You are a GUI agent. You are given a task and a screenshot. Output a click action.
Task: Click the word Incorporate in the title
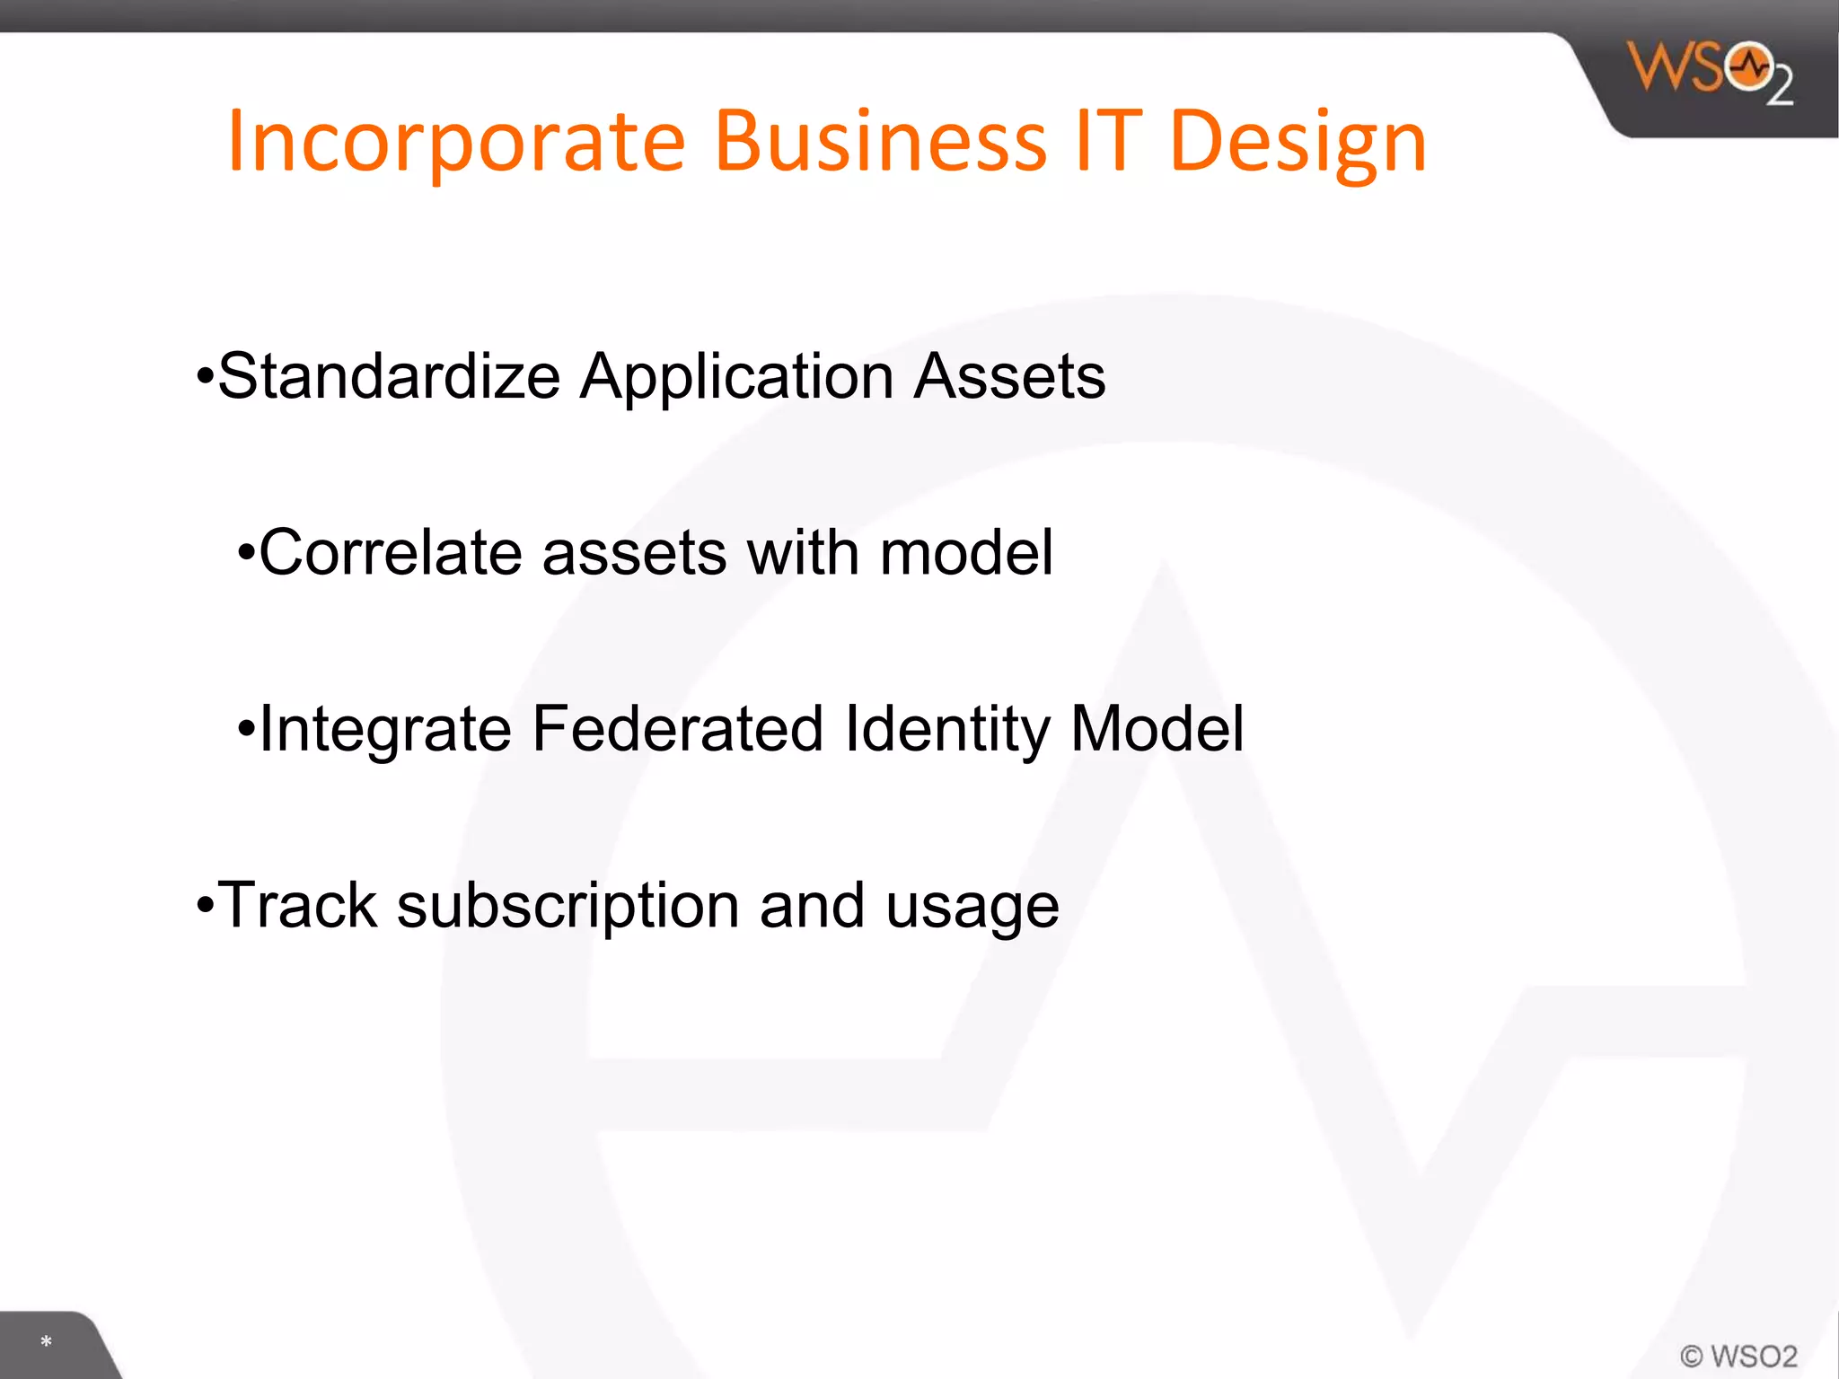[x=456, y=142]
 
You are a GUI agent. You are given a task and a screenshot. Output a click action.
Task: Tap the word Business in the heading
[x=880, y=142]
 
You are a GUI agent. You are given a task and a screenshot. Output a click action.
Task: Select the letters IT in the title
[x=1108, y=142]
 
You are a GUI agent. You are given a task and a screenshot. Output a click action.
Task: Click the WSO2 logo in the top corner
[x=1709, y=72]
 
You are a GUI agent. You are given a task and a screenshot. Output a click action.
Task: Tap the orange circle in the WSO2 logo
[x=1749, y=66]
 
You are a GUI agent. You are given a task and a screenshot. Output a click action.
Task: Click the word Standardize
[x=389, y=376]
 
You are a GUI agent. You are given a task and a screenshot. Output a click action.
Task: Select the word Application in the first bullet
[x=736, y=378]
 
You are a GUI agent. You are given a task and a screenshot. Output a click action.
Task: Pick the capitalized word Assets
[x=1009, y=376]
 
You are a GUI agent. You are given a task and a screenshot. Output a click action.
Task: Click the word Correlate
[x=390, y=552]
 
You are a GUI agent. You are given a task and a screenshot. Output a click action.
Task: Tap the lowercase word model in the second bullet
[x=966, y=552]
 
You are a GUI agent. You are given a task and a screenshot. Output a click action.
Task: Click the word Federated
[x=677, y=728]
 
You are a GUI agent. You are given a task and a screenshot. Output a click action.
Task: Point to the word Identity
[x=946, y=730]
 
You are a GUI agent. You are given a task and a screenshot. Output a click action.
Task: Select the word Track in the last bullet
[x=297, y=905]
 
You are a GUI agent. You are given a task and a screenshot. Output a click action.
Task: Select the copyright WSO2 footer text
[x=1739, y=1356]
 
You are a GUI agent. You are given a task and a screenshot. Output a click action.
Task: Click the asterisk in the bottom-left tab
[x=46, y=1342]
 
